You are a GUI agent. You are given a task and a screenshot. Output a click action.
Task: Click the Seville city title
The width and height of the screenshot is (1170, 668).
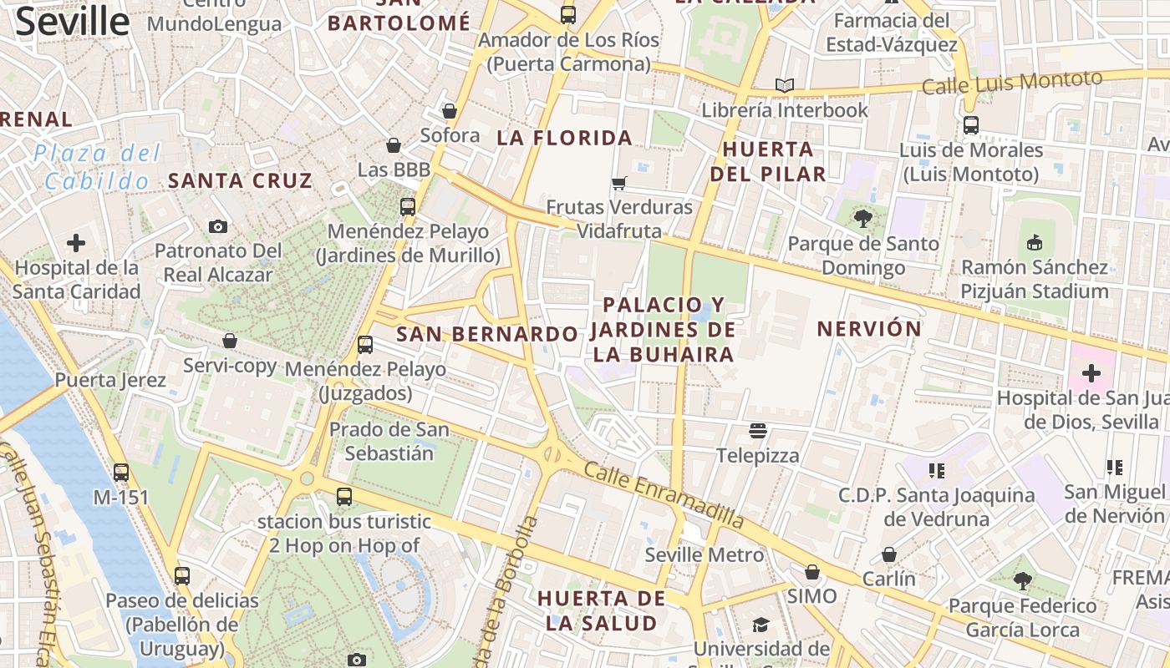click(x=72, y=22)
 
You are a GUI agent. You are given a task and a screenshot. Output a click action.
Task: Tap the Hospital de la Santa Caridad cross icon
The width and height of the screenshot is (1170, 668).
click(x=76, y=243)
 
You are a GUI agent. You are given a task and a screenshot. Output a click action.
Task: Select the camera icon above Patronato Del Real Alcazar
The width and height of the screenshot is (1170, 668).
click(x=218, y=226)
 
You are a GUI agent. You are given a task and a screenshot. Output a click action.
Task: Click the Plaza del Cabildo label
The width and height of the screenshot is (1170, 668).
click(x=97, y=167)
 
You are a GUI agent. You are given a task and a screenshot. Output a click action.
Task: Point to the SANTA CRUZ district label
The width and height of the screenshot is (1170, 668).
click(x=240, y=180)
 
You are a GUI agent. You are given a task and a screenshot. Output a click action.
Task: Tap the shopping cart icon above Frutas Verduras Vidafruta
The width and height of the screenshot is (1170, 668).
click(x=619, y=183)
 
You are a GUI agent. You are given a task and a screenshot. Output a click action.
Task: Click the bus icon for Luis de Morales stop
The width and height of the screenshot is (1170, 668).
click(x=970, y=125)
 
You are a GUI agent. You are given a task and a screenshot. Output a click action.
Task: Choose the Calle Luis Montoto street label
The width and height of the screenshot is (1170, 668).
click(x=1012, y=82)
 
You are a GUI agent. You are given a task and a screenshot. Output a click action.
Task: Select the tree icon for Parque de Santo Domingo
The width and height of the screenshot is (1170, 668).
click(x=863, y=219)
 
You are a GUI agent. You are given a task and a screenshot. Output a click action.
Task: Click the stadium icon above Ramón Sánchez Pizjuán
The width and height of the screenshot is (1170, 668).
click(x=1035, y=242)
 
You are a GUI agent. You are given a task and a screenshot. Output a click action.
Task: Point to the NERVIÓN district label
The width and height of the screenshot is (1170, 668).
click(x=869, y=329)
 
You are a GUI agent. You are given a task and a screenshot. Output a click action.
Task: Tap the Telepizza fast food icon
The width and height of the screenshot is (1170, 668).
click(x=758, y=431)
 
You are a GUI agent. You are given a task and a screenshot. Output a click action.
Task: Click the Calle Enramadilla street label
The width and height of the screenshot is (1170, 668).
click(x=664, y=494)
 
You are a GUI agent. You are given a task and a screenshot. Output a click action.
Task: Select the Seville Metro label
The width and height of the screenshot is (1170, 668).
click(x=705, y=554)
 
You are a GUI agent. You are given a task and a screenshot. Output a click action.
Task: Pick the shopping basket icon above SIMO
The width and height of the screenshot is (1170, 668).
click(x=811, y=572)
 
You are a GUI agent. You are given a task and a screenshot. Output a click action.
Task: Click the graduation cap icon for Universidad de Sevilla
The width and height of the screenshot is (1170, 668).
click(x=760, y=625)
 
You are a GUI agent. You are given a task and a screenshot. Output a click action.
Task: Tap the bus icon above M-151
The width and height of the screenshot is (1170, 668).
click(x=121, y=472)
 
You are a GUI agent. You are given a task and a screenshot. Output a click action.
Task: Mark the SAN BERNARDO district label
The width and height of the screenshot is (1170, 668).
click(x=487, y=335)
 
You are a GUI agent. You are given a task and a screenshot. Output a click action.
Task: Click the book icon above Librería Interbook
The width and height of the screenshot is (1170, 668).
click(x=784, y=85)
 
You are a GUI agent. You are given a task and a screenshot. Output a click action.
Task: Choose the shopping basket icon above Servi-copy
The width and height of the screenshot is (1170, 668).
click(x=230, y=341)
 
